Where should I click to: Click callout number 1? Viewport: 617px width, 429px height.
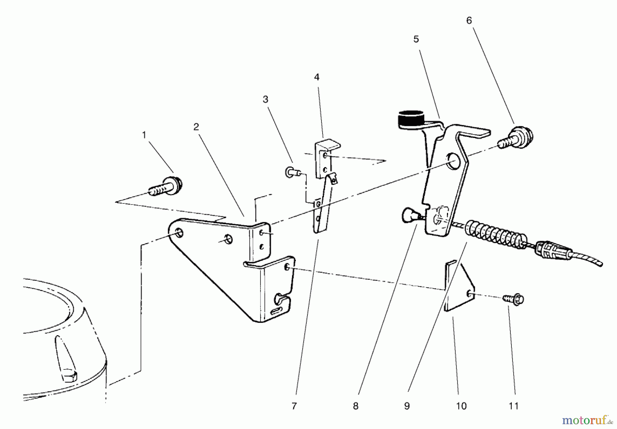144,135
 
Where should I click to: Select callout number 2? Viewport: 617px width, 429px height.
196,127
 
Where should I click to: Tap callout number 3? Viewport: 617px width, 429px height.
265,99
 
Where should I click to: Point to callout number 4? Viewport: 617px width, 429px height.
317,77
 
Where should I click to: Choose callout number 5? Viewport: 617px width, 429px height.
416,39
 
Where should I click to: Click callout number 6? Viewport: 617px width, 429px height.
469,21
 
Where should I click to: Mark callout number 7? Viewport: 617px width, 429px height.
294,406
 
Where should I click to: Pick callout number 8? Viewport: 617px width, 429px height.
356,406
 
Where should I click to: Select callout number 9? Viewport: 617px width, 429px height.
407,406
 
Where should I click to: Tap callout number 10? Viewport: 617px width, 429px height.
461,406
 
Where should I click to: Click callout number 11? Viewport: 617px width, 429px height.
513,406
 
